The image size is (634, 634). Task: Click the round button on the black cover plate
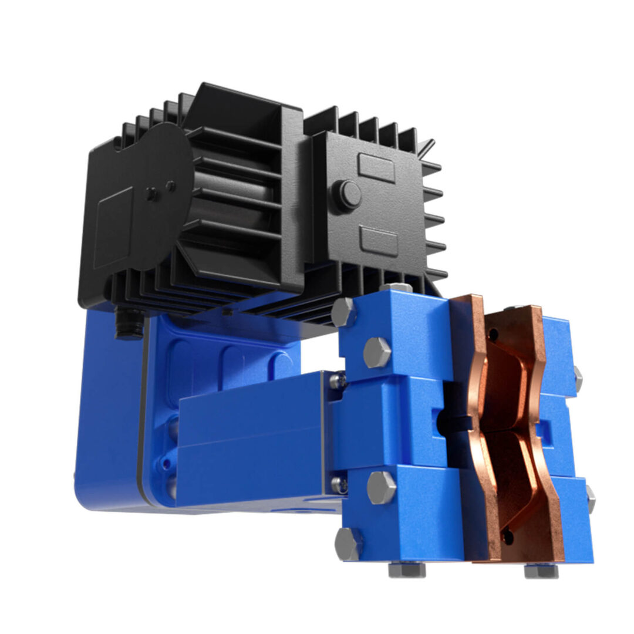348,195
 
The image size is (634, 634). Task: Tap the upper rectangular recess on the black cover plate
376,168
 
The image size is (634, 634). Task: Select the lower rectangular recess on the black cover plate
379,241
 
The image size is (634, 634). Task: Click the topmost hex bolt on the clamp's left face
343,312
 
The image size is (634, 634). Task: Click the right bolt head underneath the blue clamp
541,570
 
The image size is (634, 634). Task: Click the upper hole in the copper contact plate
494,335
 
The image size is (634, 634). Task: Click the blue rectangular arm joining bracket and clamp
252,437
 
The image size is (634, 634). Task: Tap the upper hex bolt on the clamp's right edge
578,379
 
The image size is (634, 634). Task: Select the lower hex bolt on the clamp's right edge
590,498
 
